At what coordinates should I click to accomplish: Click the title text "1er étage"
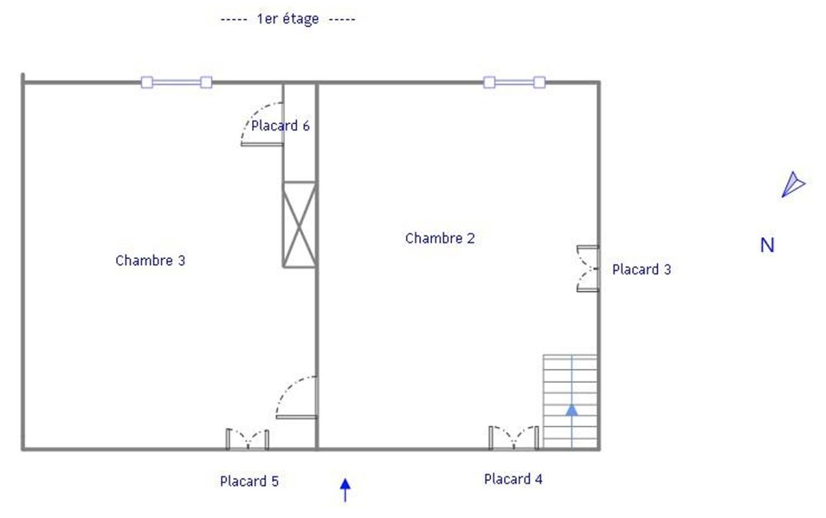tap(288, 19)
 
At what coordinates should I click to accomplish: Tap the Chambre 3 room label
tap(150, 260)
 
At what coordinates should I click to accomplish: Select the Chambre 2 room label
tap(440, 238)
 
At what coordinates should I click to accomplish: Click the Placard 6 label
tap(280, 126)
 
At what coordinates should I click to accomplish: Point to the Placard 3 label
tap(641, 269)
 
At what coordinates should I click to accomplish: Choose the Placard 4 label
tap(513, 479)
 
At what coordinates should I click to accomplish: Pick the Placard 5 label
tap(249, 481)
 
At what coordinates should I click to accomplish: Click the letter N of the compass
tap(767, 245)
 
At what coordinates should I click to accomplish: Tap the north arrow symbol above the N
tap(792, 185)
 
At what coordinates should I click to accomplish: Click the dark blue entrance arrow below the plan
tap(345, 489)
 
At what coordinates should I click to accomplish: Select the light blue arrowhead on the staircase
tap(571, 410)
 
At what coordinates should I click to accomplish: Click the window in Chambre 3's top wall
tap(176, 82)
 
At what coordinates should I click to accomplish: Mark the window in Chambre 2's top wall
tap(514, 82)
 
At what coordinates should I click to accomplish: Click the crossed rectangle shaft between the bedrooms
tap(299, 224)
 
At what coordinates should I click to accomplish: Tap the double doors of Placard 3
tap(587, 269)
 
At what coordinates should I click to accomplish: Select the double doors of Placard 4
tap(513, 437)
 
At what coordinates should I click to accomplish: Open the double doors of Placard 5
tap(247, 439)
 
